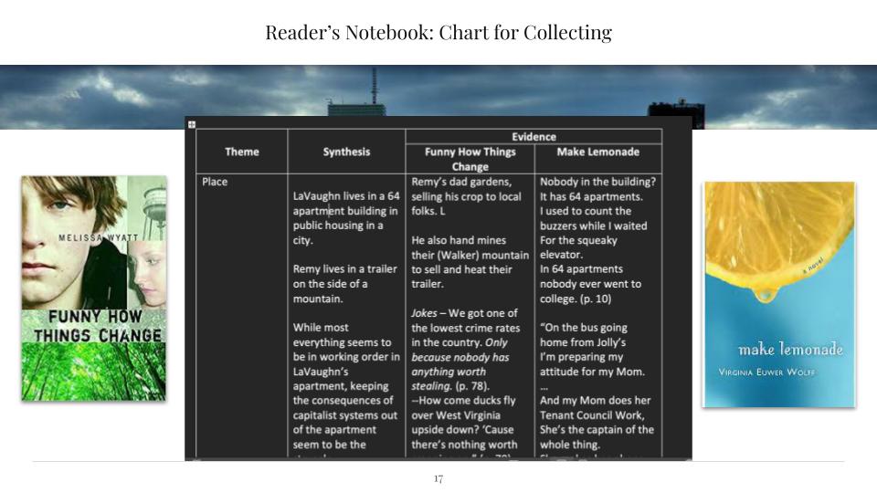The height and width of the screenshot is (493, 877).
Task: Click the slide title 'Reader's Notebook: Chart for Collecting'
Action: [x=438, y=34]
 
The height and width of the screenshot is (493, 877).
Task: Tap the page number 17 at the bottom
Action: [x=438, y=478]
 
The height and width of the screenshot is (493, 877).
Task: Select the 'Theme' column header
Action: [x=241, y=152]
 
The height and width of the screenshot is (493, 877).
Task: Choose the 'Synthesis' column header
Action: [x=346, y=152]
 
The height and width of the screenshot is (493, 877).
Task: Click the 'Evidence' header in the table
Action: [x=534, y=137]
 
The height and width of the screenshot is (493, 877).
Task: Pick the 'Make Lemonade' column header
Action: [x=597, y=152]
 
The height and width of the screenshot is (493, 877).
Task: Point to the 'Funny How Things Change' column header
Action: [x=470, y=159]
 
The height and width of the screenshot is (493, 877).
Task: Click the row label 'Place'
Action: [x=215, y=182]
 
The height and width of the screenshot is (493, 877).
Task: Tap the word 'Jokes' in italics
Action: [x=428, y=313]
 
